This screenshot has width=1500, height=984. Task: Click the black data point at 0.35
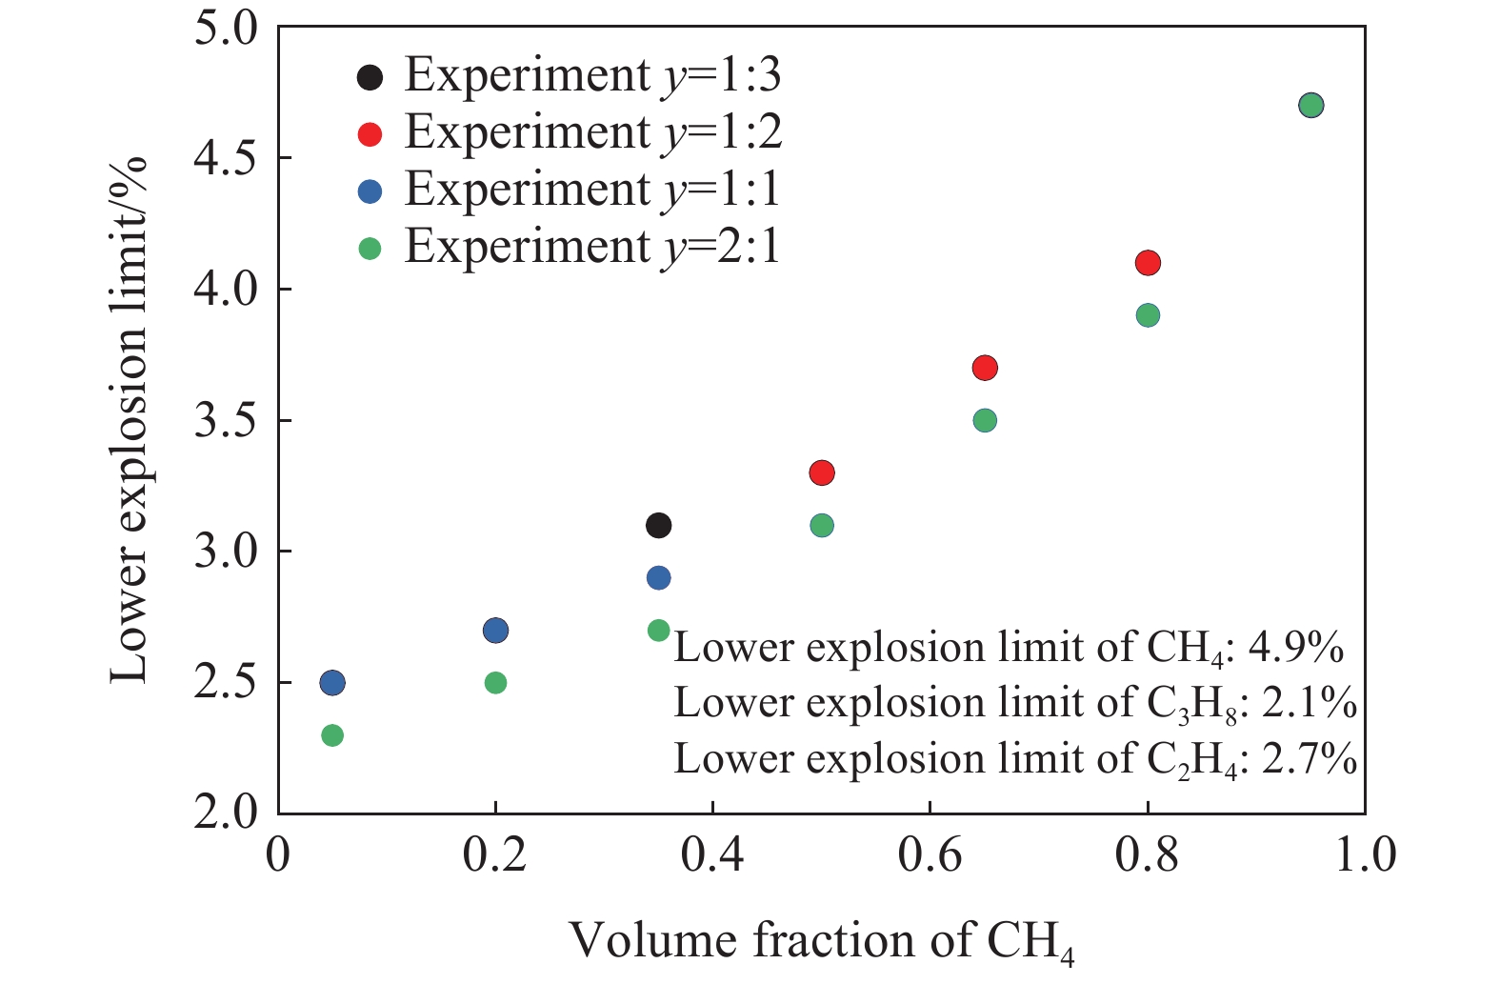tap(658, 525)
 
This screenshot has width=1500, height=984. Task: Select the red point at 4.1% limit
tap(1148, 263)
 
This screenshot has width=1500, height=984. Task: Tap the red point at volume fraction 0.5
tap(821, 472)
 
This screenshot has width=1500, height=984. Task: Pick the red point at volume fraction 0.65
tap(985, 368)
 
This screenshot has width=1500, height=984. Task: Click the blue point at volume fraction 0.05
tap(331, 683)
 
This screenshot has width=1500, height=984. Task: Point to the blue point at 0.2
tap(495, 631)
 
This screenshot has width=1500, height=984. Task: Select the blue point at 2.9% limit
tap(658, 578)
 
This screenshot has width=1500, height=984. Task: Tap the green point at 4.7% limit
tap(1310, 106)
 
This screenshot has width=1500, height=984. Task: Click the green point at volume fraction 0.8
tap(1148, 315)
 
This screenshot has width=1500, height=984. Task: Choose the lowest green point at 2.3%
tap(331, 735)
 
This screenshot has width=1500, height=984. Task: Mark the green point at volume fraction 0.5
tap(821, 526)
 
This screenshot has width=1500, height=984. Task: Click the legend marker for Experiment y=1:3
tap(370, 77)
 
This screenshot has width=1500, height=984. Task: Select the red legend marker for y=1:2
tap(370, 134)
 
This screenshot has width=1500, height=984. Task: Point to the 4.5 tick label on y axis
tap(226, 158)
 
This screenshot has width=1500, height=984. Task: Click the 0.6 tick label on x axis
tap(929, 854)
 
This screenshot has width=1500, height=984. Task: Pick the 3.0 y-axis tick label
tap(226, 552)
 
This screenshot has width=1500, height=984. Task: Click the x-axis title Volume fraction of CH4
tap(821, 941)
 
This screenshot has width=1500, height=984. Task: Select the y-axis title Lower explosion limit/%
tap(130, 419)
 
